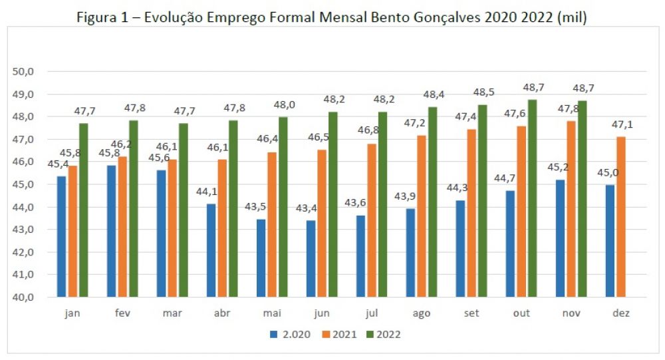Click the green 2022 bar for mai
click(x=283, y=207)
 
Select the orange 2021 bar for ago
click(x=422, y=216)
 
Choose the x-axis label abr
click(x=222, y=313)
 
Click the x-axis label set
click(x=471, y=313)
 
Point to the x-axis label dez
click(x=622, y=313)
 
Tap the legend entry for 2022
click(x=388, y=334)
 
